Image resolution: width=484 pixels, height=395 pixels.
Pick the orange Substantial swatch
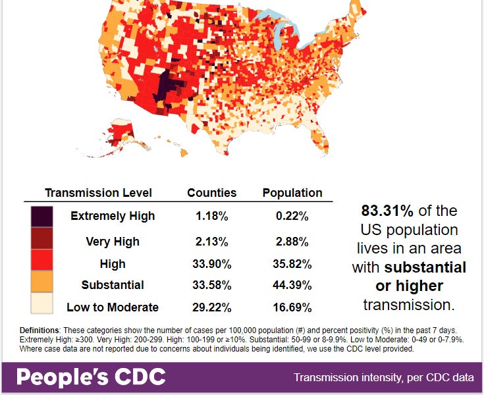click(41, 283)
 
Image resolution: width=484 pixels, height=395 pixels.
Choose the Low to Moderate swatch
click(41, 305)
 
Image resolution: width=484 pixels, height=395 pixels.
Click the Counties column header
click(211, 193)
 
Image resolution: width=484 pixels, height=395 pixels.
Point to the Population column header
click(292, 193)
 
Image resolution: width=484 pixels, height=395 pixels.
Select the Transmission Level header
click(98, 193)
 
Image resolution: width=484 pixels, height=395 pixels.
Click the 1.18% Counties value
click(212, 216)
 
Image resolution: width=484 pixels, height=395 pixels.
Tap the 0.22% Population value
click(292, 216)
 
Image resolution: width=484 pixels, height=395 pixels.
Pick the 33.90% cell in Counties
click(212, 264)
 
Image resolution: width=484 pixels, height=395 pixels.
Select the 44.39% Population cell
click(292, 286)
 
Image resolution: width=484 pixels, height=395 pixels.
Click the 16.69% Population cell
click(292, 307)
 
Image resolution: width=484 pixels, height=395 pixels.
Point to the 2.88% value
click(292, 242)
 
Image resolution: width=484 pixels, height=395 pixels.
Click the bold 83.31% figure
click(387, 211)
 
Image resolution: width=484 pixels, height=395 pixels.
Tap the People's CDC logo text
click(90, 378)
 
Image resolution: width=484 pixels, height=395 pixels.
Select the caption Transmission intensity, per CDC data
click(384, 378)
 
